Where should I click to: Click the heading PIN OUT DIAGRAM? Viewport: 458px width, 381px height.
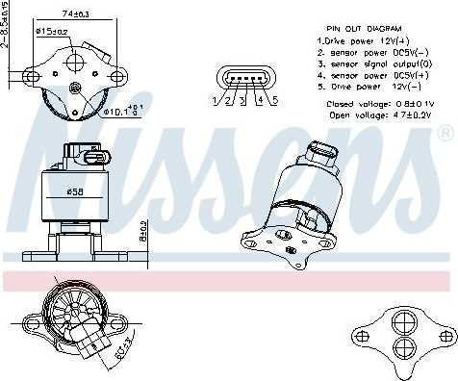tap(364, 31)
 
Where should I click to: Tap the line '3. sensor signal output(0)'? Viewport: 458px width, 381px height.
tap(372, 62)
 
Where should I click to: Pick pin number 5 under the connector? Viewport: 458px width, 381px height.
tap(276, 100)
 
